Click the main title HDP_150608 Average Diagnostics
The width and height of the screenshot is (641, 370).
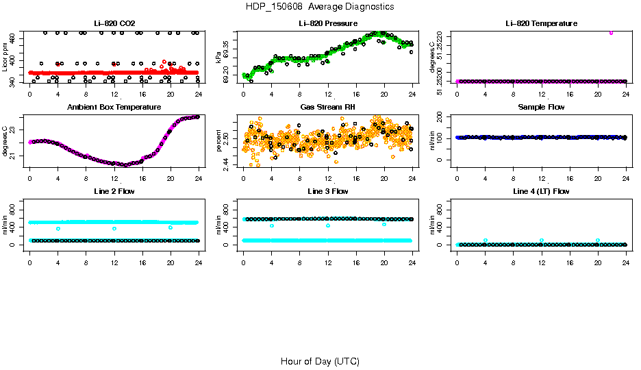click(320, 7)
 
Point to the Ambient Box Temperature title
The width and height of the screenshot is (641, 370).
click(114, 107)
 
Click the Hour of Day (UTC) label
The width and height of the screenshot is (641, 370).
click(320, 361)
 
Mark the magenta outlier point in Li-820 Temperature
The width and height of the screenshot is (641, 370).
click(611, 32)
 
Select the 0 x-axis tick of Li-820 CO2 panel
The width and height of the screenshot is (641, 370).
click(29, 93)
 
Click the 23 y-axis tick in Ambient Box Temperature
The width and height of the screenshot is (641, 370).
click(14, 119)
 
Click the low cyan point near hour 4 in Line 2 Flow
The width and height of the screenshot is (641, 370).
click(58, 229)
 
